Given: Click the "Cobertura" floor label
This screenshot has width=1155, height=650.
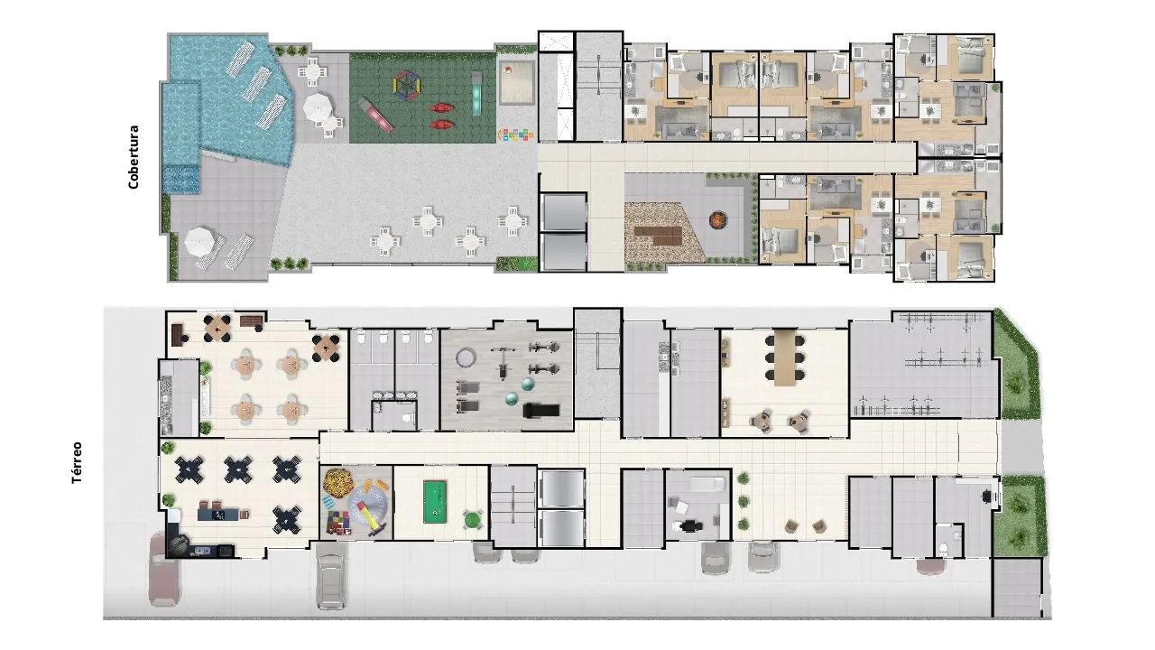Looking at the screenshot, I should tap(134, 156).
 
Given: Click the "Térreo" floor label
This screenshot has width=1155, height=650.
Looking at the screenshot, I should tap(79, 462).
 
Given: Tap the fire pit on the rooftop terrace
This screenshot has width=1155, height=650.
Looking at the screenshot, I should tap(718, 218).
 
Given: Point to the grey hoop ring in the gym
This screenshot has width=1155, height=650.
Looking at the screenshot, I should tap(466, 358).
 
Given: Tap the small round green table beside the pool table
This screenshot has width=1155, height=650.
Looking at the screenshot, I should tap(472, 518).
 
